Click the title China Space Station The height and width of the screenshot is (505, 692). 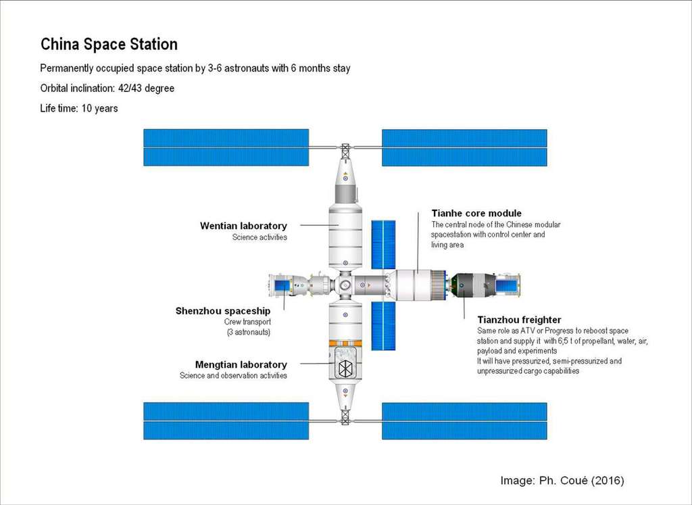click(109, 45)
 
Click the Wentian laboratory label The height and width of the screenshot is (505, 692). click(243, 226)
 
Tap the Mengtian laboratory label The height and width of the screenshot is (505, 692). click(241, 365)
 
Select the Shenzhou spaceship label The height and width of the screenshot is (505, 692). click(223, 311)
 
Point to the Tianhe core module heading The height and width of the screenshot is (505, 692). click(476, 214)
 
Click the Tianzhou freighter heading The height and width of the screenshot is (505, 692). click(519, 320)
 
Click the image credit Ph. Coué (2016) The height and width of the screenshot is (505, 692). click(562, 481)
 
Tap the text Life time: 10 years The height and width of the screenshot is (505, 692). click(79, 108)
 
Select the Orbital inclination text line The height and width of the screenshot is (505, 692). click(107, 89)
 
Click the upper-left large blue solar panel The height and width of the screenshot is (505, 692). click(226, 147)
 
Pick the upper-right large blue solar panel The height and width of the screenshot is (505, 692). click(464, 147)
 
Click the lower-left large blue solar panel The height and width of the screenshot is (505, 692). click(226, 420)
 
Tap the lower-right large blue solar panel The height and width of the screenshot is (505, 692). click(464, 420)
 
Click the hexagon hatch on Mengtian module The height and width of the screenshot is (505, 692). click(345, 368)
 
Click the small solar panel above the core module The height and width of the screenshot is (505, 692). click(383, 244)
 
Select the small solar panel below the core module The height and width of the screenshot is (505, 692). click(383, 325)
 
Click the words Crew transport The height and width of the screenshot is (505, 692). click(247, 322)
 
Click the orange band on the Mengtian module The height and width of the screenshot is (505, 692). click(345, 343)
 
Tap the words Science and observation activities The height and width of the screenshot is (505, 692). click(233, 376)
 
